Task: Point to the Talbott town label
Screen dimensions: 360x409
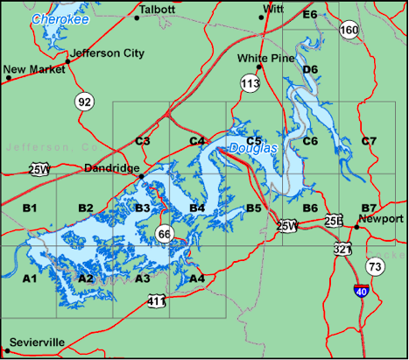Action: pos(157,10)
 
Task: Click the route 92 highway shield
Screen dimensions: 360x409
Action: pos(84,102)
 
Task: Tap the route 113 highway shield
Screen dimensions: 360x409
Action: pos(250,83)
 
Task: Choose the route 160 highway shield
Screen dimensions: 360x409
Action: pos(349,31)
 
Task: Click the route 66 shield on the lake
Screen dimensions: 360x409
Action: pos(165,233)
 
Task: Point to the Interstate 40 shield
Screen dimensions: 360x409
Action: pos(361,290)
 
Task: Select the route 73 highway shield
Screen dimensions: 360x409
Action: pos(375,265)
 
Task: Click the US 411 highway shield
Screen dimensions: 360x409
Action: pos(156,301)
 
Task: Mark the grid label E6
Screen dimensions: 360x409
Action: pos(309,15)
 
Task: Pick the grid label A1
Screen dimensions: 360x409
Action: pos(29,279)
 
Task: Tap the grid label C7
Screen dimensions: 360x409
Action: pos(369,141)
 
